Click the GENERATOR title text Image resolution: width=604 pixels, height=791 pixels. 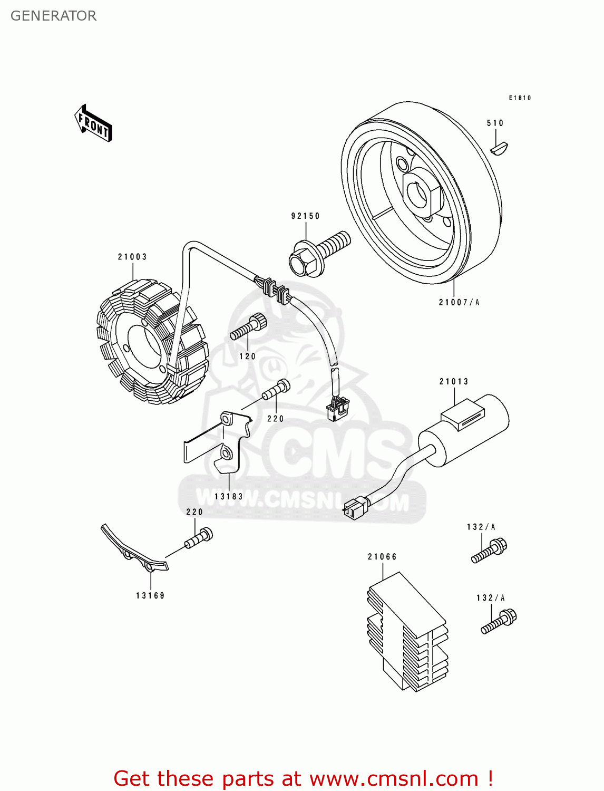(53, 16)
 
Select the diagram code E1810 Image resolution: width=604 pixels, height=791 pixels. (520, 98)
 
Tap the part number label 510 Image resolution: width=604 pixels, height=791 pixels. (495, 123)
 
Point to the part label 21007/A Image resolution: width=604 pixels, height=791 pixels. (459, 302)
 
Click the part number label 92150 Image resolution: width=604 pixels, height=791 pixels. (305, 216)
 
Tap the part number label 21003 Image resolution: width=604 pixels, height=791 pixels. (132, 257)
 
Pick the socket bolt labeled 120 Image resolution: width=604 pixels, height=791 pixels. (248, 328)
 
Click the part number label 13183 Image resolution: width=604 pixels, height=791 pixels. (229, 496)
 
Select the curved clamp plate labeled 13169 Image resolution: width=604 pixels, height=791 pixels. (134, 551)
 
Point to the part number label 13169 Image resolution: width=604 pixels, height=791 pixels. (150, 595)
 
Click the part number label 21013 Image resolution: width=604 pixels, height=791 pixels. (454, 381)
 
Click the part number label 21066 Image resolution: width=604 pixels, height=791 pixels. (382, 556)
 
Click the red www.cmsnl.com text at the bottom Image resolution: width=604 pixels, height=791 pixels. (394, 778)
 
